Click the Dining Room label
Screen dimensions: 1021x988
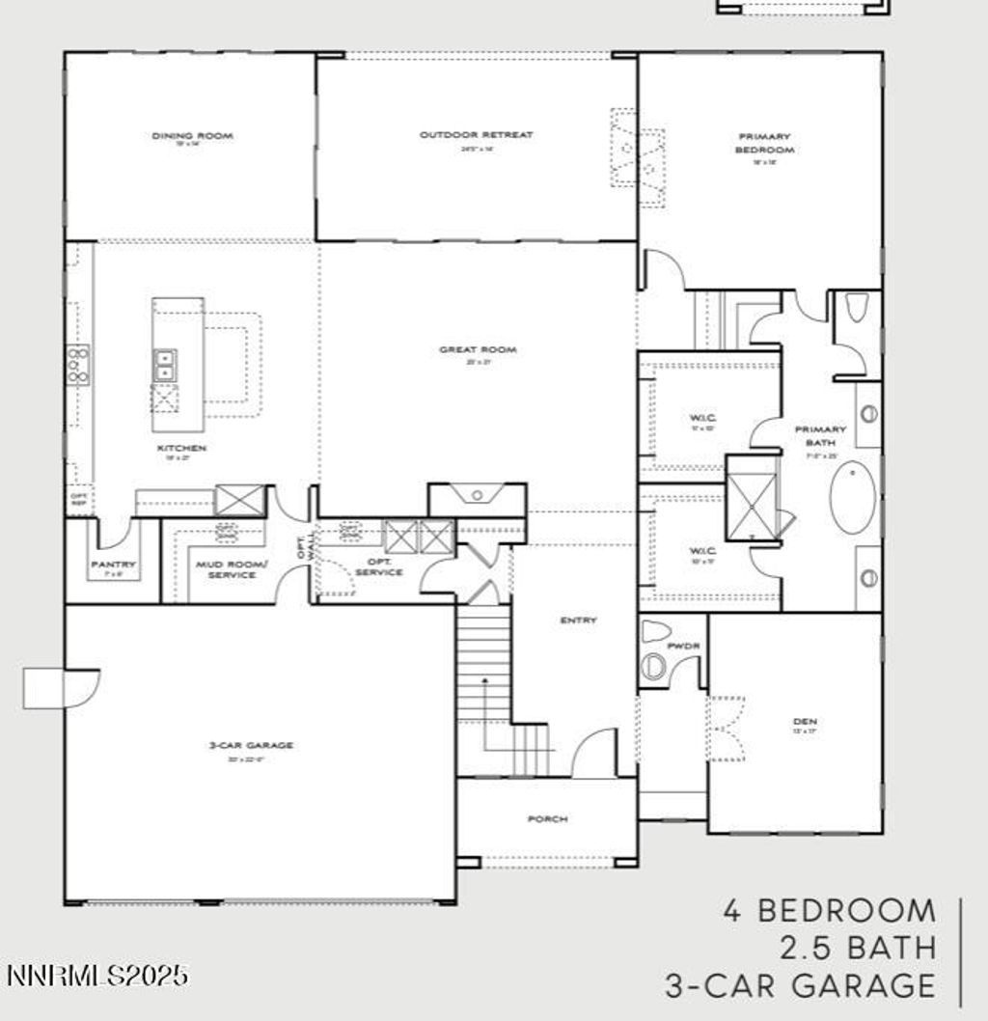(x=192, y=136)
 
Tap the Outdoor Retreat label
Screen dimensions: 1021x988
(x=476, y=135)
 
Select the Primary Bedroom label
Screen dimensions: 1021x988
(x=764, y=144)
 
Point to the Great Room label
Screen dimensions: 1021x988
(x=478, y=349)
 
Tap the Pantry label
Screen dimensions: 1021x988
(x=113, y=565)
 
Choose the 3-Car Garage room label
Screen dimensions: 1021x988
(x=250, y=745)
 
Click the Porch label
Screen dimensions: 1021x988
(x=547, y=819)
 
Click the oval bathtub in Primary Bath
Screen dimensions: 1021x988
(x=853, y=497)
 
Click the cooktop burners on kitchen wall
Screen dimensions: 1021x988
(x=78, y=366)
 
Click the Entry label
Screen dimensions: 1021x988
(x=578, y=621)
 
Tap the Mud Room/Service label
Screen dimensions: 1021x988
(x=226, y=569)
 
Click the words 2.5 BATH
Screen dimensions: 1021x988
(x=857, y=948)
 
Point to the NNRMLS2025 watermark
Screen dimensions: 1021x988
(x=96, y=977)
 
